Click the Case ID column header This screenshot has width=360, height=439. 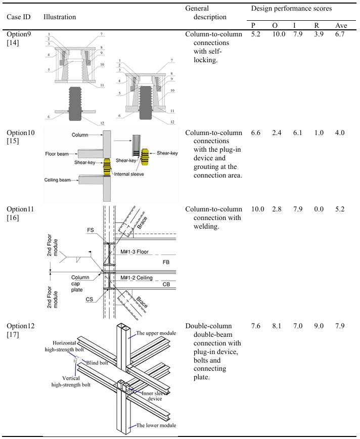(18, 17)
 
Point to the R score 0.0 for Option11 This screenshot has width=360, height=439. (319, 209)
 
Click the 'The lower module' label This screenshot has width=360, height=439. (156, 425)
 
